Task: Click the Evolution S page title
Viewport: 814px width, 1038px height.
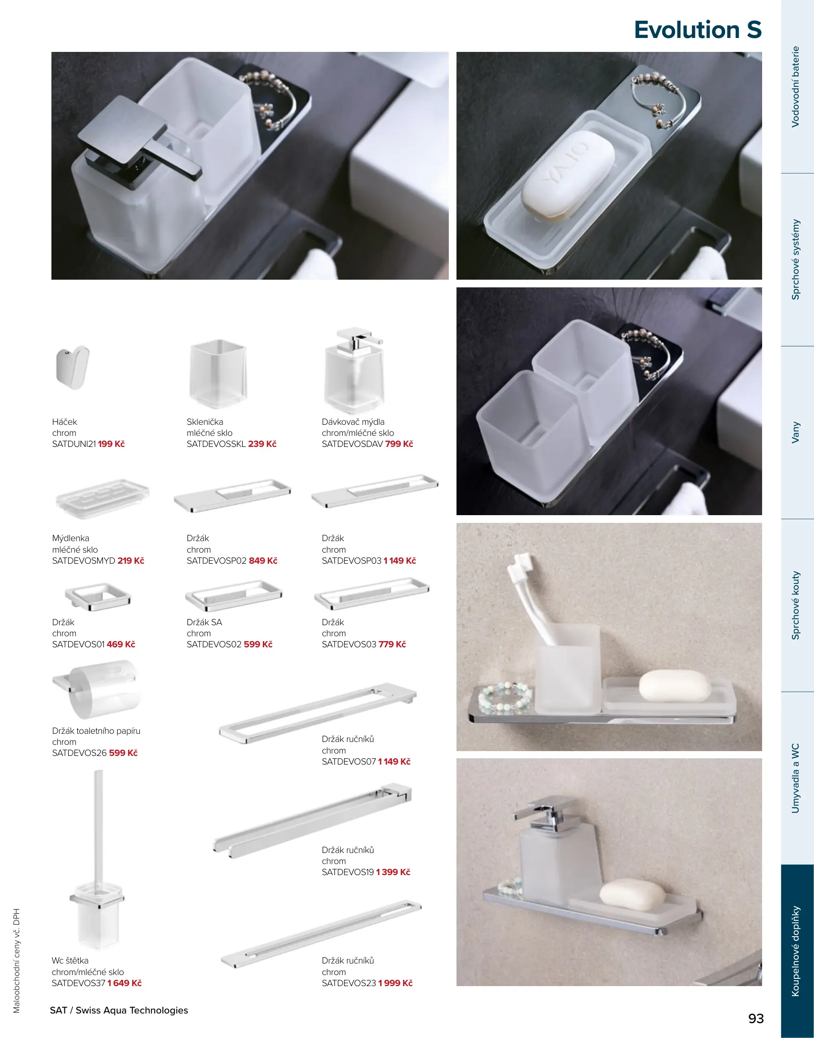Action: (x=698, y=30)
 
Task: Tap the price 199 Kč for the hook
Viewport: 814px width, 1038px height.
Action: (x=111, y=444)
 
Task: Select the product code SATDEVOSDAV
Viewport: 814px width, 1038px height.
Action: (x=352, y=444)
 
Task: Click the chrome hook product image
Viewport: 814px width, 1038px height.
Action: (x=73, y=367)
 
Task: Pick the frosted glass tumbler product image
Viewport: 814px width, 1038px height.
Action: (x=219, y=374)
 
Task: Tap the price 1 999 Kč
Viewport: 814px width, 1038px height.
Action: (x=395, y=983)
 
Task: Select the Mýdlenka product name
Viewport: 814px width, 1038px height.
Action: (x=71, y=538)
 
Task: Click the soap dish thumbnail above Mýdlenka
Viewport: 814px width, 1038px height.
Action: (x=102, y=499)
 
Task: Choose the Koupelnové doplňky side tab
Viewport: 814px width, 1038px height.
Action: (x=796, y=951)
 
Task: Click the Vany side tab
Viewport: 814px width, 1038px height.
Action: (x=796, y=432)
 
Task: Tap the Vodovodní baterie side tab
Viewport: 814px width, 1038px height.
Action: (x=796, y=86)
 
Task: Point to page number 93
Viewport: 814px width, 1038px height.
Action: (x=756, y=1018)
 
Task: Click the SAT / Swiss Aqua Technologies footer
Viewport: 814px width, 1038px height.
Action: (x=119, y=1010)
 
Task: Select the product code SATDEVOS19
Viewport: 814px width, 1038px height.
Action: (x=348, y=872)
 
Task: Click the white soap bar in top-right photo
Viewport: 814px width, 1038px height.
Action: (x=568, y=174)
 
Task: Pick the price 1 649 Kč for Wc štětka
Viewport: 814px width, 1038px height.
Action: (x=124, y=983)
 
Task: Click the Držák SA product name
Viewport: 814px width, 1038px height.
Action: (x=204, y=622)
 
